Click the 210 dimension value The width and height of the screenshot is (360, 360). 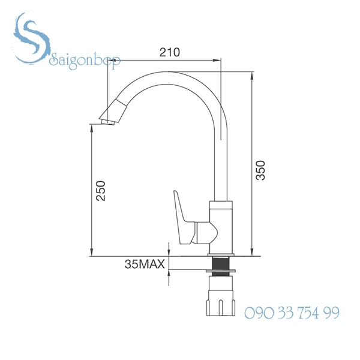click(x=169, y=52)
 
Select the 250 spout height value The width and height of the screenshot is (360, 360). click(x=101, y=191)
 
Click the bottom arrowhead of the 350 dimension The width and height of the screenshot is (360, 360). click(x=251, y=250)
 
